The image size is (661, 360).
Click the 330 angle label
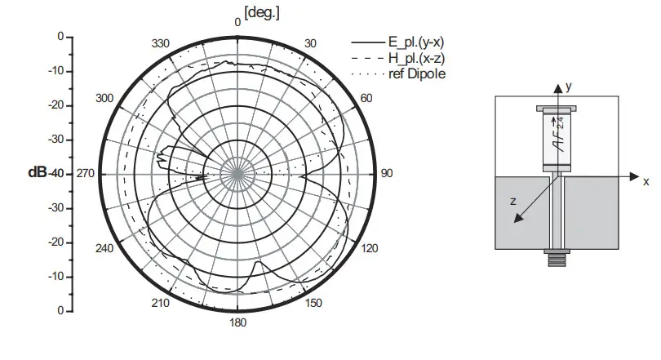point(161,43)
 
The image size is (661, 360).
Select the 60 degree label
point(366,98)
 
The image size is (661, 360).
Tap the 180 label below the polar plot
point(237,323)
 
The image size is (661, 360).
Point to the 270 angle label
point(86,173)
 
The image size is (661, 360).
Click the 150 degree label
point(313,303)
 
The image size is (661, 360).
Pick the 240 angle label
point(104,248)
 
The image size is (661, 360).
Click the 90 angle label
point(387,173)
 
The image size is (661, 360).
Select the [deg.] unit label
point(262,13)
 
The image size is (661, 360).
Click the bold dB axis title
point(38,172)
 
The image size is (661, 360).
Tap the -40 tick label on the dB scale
point(56,174)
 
